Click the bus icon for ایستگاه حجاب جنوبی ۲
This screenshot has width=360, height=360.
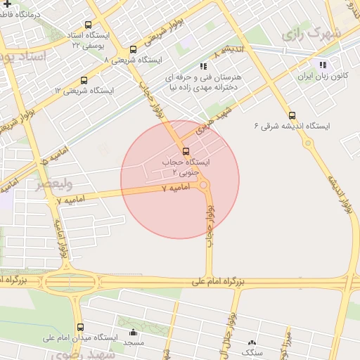[x=186, y=151]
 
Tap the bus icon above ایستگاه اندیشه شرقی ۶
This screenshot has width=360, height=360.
[x=292, y=115]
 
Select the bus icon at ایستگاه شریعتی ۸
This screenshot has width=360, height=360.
[x=134, y=49]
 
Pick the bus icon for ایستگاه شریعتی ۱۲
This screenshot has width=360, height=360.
[x=84, y=80]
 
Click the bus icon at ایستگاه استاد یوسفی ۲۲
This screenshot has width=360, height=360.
[x=88, y=24]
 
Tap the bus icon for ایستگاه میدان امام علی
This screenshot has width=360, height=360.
[x=79, y=328]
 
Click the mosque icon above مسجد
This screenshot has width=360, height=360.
[x=134, y=333]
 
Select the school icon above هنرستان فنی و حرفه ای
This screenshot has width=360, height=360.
[x=204, y=66]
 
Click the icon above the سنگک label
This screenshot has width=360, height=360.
[x=252, y=342]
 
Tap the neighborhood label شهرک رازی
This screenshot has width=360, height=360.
[x=311, y=33]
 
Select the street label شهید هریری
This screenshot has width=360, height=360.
[x=214, y=121]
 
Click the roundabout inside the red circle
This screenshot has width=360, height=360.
[x=203, y=186]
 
